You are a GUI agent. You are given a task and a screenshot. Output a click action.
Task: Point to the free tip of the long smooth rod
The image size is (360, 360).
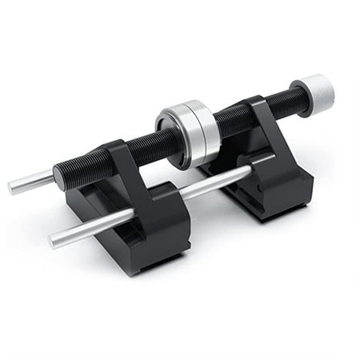(54, 239)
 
